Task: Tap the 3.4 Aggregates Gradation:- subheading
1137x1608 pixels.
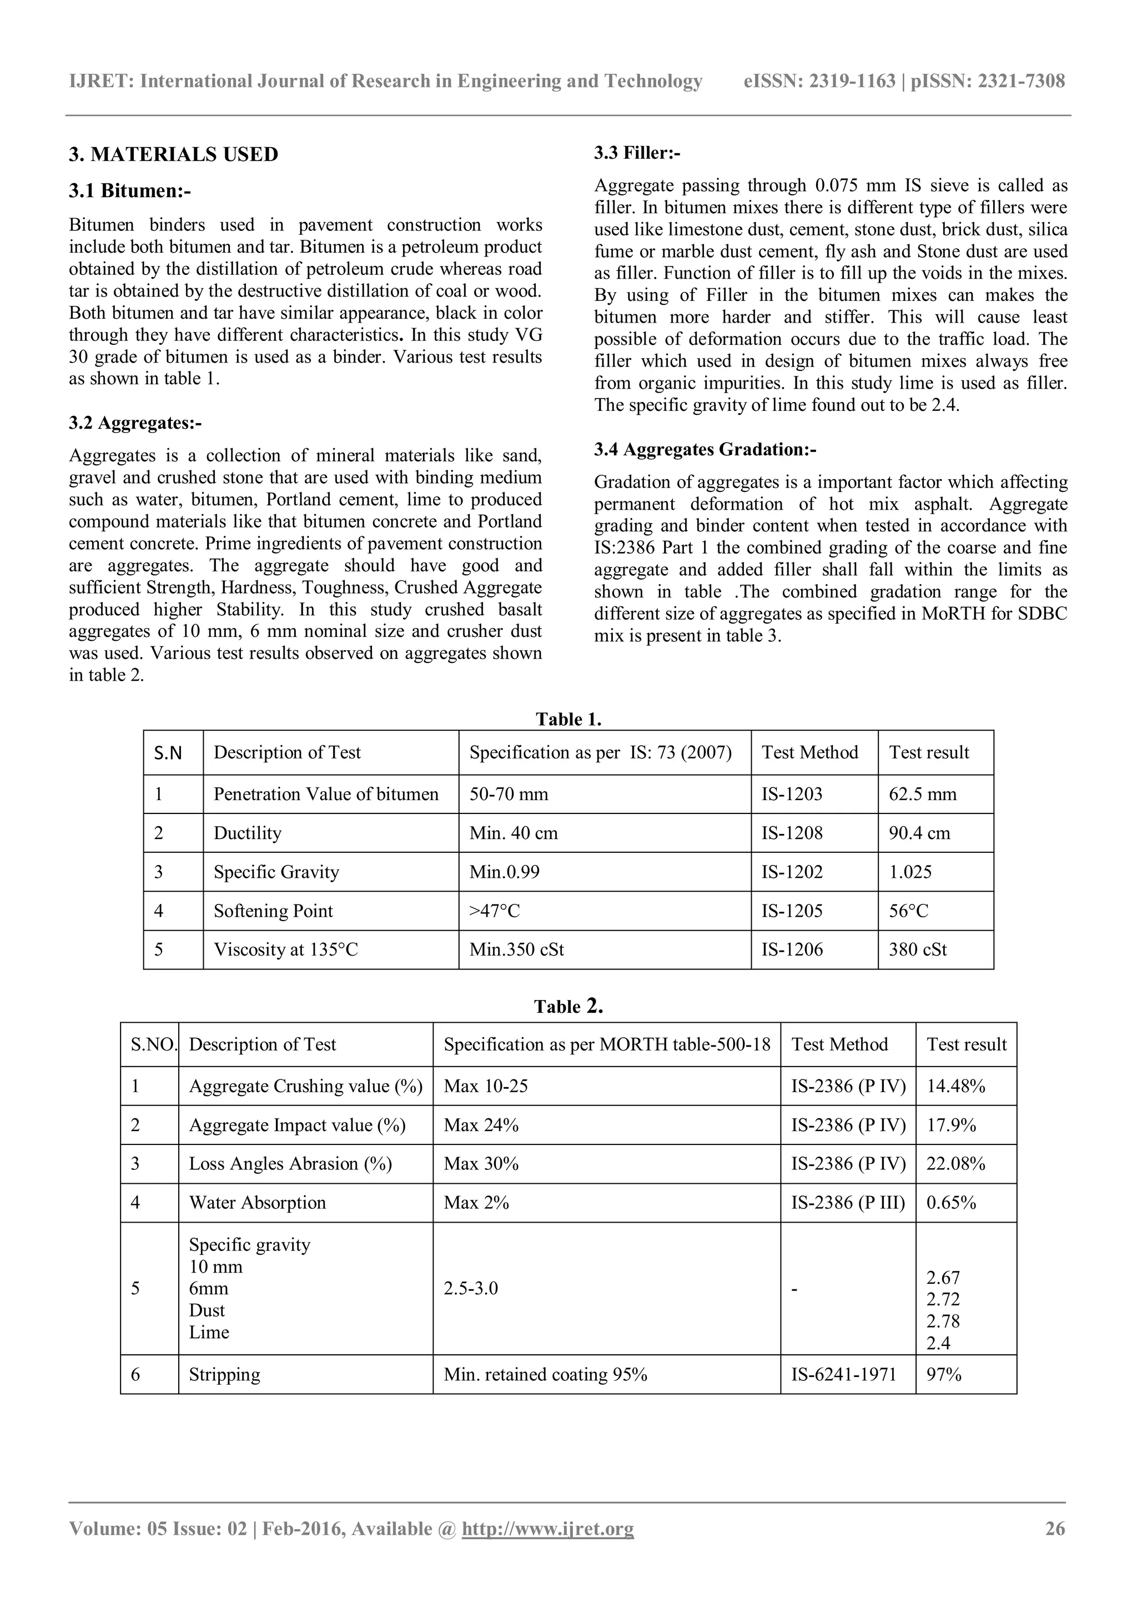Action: click(x=705, y=449)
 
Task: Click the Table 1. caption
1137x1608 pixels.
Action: click(x=568, y=719)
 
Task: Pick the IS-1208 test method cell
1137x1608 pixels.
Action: click(x=792, y=833)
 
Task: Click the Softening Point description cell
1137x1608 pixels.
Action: click(x=273, y=911)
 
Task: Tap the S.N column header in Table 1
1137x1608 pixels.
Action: click(x=168, y=753)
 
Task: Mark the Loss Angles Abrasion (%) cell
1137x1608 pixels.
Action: click(x=290, y=1163)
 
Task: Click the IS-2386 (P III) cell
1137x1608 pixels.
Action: click(x=848, y=1203)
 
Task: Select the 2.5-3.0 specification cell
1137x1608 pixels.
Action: click(x=470, y=1288)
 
